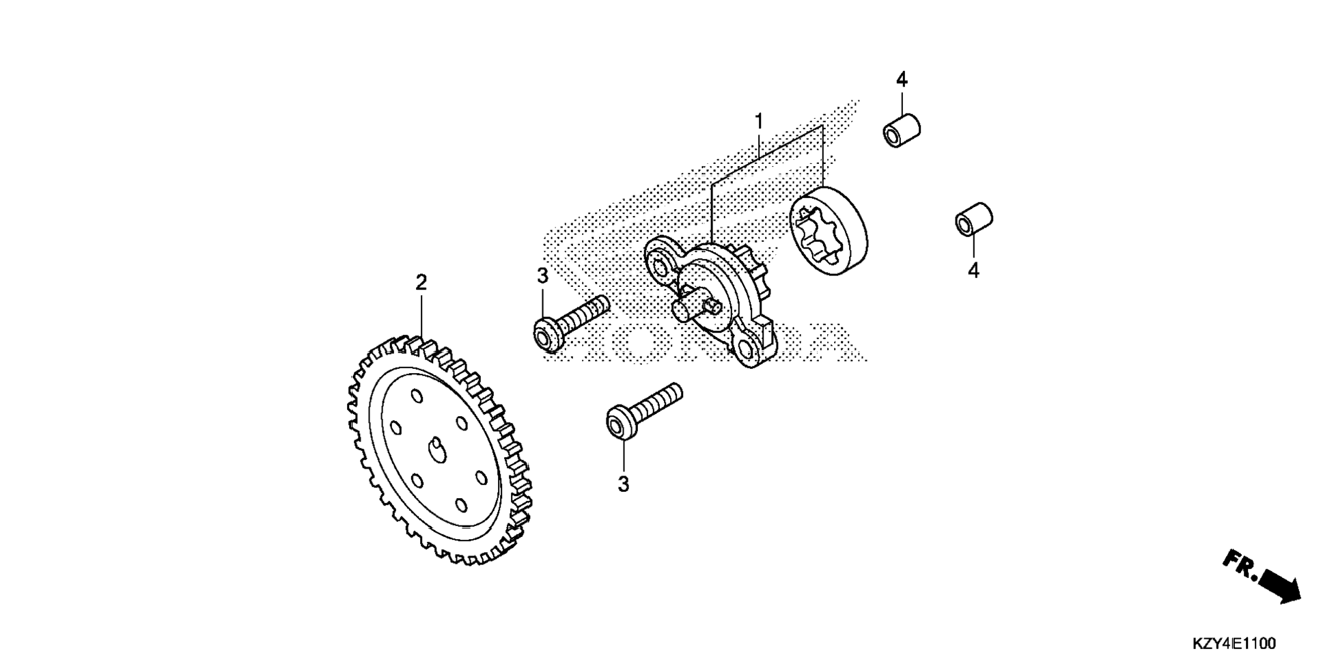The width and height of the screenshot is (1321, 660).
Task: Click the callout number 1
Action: [x=758, y=122]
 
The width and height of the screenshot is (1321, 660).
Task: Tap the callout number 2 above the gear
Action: [x=421, y=282]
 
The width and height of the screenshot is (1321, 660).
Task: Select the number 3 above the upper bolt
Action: [x=542, y=276]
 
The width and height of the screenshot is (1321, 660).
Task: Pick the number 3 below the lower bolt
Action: [x=623, y=484]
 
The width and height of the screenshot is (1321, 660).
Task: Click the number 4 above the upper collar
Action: [x=902, y=80]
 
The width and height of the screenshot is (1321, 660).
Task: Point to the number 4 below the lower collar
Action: [x=973, y=271]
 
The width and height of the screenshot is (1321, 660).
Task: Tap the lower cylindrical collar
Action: [x=973, y=219]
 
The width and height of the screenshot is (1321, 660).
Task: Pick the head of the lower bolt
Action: [x=619, y=422]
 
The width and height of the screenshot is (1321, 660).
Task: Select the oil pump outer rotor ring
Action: [x=828, y=232]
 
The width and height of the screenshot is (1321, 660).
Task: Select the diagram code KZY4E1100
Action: [x=1234, y=644]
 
